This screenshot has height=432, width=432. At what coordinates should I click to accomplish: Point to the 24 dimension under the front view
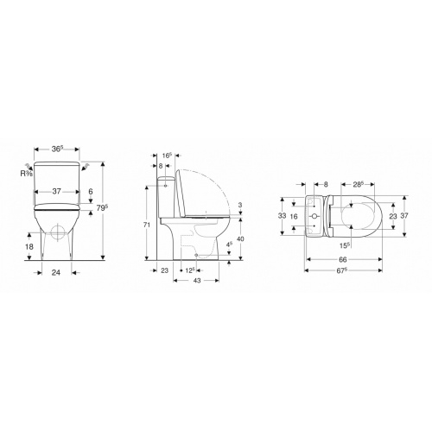click(55, 272)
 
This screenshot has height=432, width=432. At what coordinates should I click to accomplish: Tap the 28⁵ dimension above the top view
click(356, 184)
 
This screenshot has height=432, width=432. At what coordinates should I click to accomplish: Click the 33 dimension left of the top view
click(281, 214)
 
